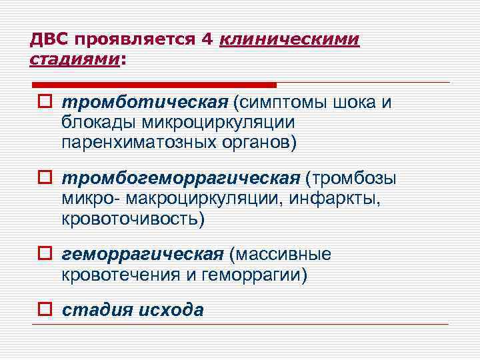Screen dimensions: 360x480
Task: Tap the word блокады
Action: coord(100,123)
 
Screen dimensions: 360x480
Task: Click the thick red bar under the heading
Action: coord(153,85)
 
